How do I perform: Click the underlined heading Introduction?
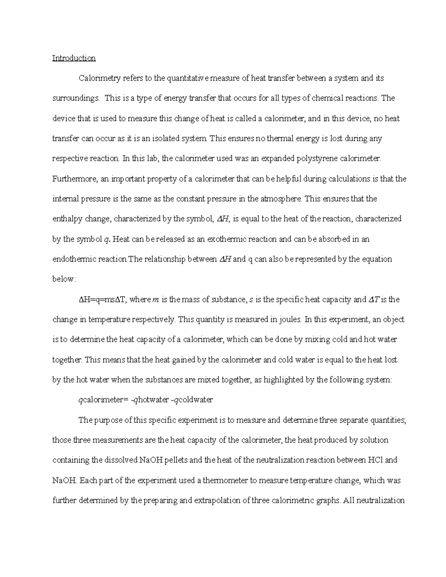coord(74,58)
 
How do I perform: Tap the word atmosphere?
coord(281,199)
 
